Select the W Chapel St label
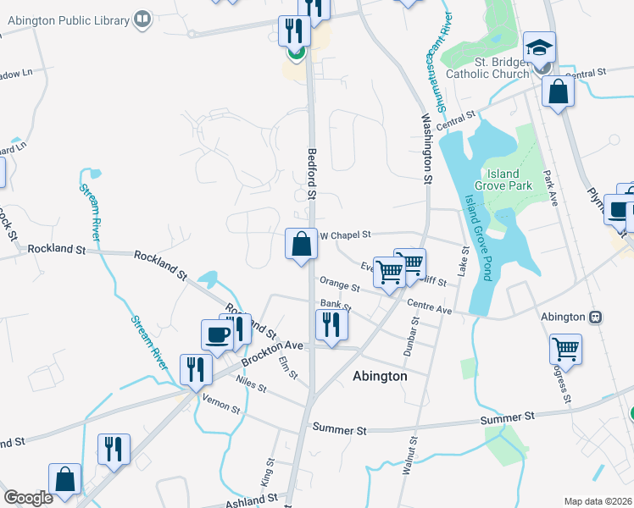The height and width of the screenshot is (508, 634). (x=345, y=235)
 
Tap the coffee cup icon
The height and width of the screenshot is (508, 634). (x=217, y=334)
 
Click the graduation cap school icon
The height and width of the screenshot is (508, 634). (x=539, y=47)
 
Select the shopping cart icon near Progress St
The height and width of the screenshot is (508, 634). (x=564, y=348)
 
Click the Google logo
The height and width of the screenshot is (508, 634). (x=28, y=497)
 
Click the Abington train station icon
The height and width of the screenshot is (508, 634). (x=596, y=317)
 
